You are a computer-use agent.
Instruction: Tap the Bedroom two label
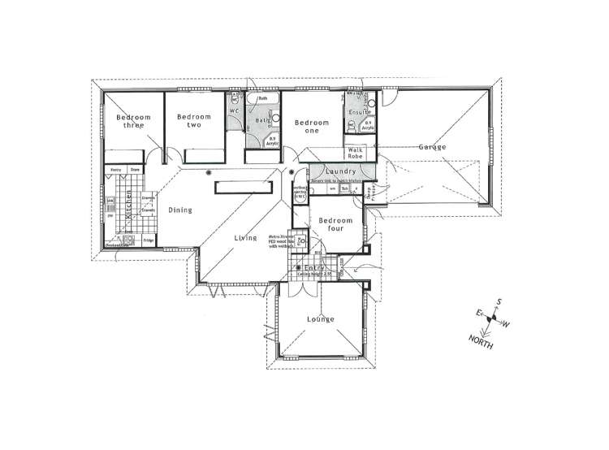pos(193,121)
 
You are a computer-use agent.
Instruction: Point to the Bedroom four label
pos(335,224)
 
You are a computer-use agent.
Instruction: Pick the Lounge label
pos(321,319)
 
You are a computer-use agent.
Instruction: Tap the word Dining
pos(180,210)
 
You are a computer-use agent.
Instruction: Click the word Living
pos(246,238)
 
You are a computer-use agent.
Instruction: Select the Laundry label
pos(335,171)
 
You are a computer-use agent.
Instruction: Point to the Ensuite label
pos(360,111)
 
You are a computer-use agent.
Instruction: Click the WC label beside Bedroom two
pos(233,110)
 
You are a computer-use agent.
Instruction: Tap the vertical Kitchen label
pos(128,206)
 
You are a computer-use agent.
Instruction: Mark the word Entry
pos(315,268)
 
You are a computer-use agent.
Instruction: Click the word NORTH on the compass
pos(482,340)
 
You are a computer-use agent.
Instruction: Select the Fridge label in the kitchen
pos(149,240)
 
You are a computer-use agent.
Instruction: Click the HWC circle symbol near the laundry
pos(299,196)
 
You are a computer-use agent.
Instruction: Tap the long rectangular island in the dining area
pos(242,187)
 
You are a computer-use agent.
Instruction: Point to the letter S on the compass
pos(500,301)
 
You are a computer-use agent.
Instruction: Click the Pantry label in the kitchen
pos(116,170)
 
